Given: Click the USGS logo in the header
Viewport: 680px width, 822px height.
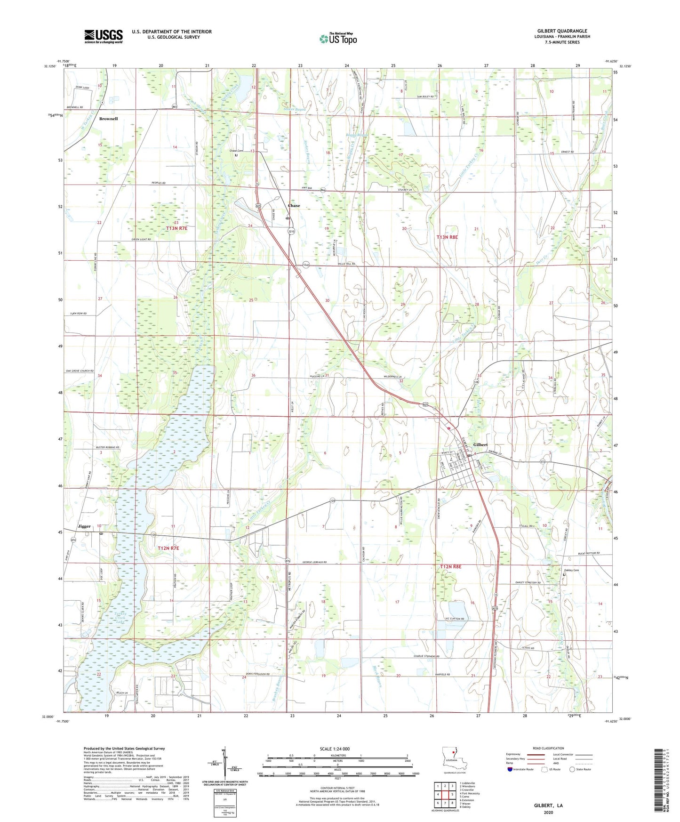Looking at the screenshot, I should [x=104, y=36].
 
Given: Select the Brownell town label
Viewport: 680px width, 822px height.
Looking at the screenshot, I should [x=108, y=119].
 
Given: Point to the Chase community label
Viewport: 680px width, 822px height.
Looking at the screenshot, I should [x=294, y=206].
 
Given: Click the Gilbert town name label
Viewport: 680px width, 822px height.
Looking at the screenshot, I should [x=480, y=445].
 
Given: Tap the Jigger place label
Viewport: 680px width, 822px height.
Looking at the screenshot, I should [x=84, y=526].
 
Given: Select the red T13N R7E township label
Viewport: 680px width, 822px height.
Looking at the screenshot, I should [x=177, y=228].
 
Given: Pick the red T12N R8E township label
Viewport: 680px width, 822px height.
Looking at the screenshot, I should [x=451, y=567].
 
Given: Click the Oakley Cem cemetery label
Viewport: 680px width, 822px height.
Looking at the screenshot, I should [x=571, y=571].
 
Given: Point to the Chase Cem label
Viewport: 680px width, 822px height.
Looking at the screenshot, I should [x=236, y=151].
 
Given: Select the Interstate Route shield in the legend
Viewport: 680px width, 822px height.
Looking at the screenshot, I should [x=511, y=769].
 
